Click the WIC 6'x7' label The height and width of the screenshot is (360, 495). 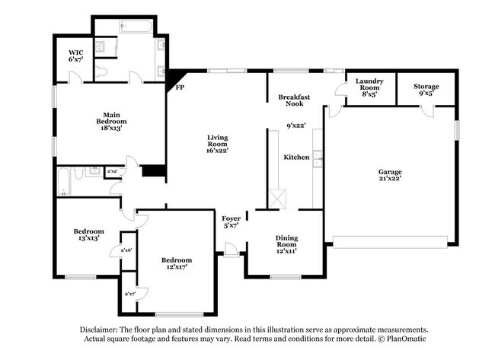pos(75,56)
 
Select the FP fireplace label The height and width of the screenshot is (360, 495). pos(180,88)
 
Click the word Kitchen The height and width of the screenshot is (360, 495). pos(296,157)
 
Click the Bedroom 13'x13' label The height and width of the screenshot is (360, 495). pos(88,234)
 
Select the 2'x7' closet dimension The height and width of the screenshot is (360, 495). pos(129,293)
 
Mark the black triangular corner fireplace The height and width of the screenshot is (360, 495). pos(174,78)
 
